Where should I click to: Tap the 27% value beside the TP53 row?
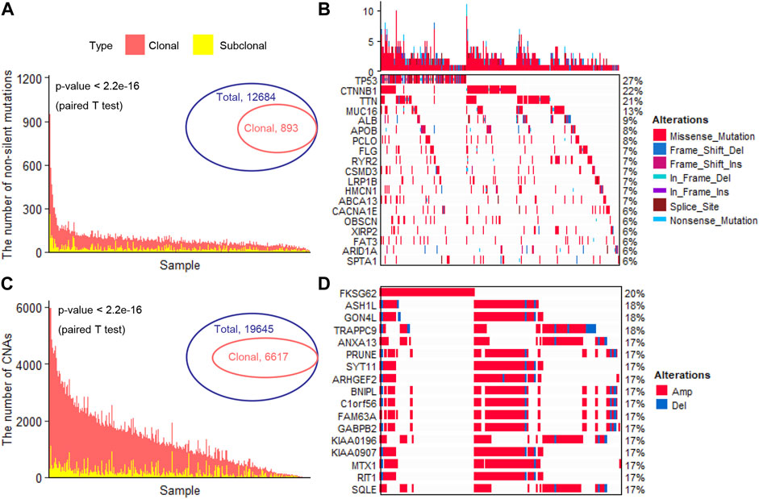[x=632, y=79]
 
